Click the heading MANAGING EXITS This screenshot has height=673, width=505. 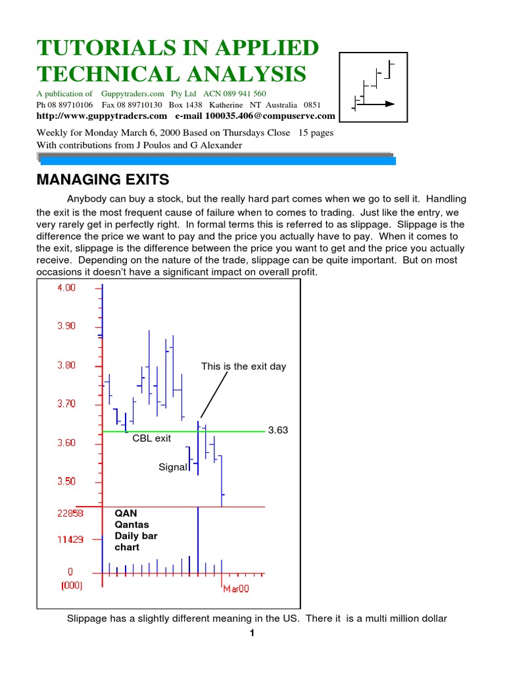pyautogui.click(x=102, y=179)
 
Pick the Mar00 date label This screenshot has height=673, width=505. pyautogui.click(x=236, y=590)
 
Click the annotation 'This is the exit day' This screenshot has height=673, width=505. pyautogui.click(x=243, y=367)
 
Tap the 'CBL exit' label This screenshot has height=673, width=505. pyautogui.click(x=151, y=438)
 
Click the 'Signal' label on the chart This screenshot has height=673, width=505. pyautogui.click(x=173, y=467)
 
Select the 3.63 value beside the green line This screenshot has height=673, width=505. pyautogui.click(x=278, y=430)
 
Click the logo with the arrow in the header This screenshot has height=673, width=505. pyautogui.click(x=373, y=89)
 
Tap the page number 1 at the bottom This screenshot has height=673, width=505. pyautogui.click(x=251, y=633)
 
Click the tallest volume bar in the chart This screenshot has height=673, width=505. pyautogui.click(x=198, y=539)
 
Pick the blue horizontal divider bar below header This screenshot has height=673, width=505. pyautogui.click(x=217, y=160)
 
